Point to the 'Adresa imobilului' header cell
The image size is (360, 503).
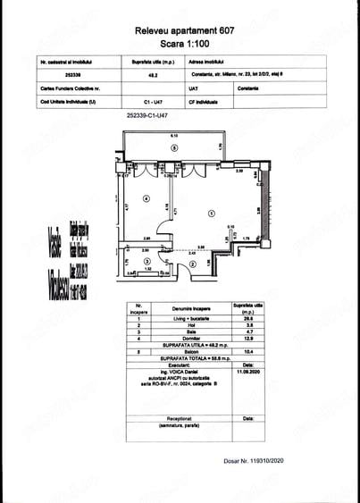tap(197, 63)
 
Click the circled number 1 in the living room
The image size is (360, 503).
tap(211, 213)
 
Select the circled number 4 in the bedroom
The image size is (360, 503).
tap(146, 198)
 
